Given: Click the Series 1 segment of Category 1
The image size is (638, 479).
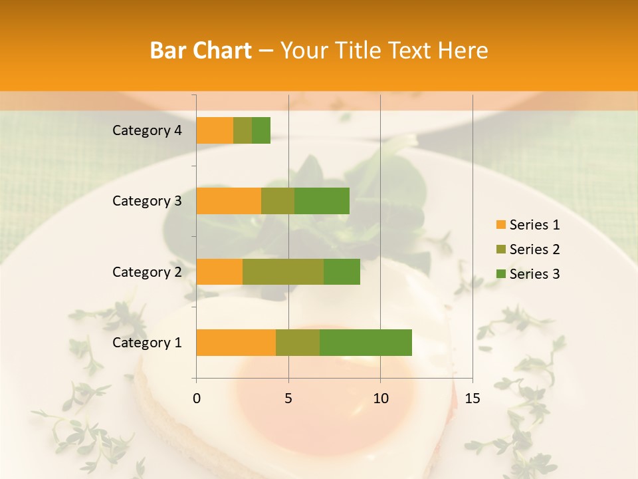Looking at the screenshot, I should point(236,343).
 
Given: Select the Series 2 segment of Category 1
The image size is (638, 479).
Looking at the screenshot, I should point(298,343).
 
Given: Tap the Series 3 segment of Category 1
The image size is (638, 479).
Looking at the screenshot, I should point(366,343).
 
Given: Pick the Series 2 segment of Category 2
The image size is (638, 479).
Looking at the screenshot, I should point(283,271).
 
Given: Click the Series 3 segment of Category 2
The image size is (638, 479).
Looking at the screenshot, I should point(342,271).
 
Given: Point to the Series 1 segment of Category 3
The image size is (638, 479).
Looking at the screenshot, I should point(229,201).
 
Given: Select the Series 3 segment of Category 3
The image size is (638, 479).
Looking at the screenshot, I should point(322,201).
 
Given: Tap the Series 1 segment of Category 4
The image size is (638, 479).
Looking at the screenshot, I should point(215,130).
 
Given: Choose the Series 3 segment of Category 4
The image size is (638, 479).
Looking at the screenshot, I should point(261,130).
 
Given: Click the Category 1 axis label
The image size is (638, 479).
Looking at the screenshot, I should point(147,343).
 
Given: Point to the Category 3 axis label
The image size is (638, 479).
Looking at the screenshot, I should point(147,201).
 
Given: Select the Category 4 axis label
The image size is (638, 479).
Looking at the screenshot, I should point(147,130).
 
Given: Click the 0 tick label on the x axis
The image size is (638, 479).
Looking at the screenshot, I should point(197,399).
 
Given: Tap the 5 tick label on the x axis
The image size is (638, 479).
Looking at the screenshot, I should point(288,399).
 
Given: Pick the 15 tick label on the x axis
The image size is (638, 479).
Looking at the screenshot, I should point(472,399).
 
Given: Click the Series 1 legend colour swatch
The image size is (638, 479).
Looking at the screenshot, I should point(500,225).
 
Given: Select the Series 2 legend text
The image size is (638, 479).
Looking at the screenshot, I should point(534,249).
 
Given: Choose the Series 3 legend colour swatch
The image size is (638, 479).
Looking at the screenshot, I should point(500,274).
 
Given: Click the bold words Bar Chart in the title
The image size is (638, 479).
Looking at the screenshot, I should point(201,51).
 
